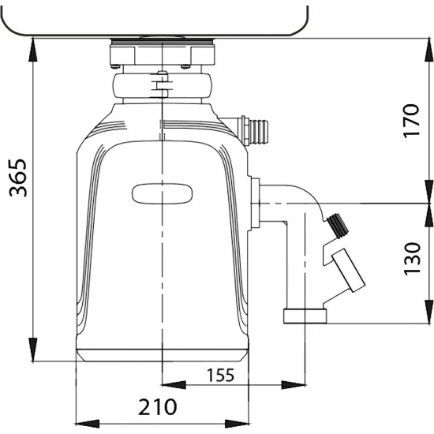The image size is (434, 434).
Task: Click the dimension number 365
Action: pyautogui.click(x=18, y=178)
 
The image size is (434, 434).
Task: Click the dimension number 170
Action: pyautogui.click(x=411, y=121)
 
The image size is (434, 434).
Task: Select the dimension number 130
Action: pyautogui.click(x=412, y=259)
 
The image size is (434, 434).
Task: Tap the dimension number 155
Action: pyautogui.click(x=221, y=375)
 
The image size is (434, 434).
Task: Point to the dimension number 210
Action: pyautogui.click(x=157, y=407)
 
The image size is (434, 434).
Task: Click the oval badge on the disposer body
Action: pyautogui.click(x=163, y=194)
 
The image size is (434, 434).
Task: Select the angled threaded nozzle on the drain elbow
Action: pyautogui.click(x=339, y=225)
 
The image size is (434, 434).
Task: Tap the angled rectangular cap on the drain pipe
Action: pyautogui.click(x=349, y=270)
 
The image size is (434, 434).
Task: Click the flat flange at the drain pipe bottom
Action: pyautogui.click(x=305, y=316)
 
